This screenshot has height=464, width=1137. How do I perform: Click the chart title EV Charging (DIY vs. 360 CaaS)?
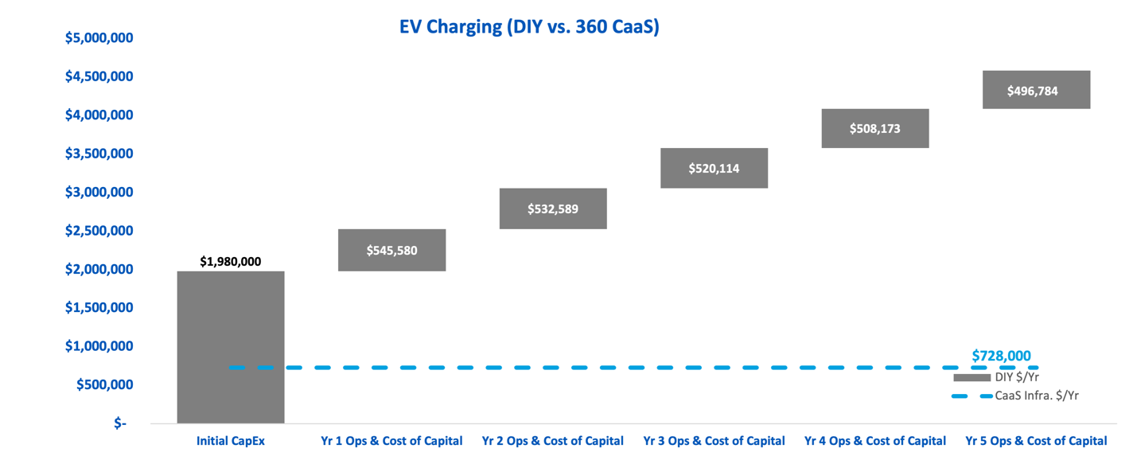pyautogui.click(x=529, y=27)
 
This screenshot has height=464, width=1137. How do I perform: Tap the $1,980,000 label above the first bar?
pyautogui.click(x=230, y=261)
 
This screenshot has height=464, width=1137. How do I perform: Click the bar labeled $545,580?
pyautogui.click(x=391, y=250)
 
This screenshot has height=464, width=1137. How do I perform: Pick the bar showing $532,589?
pyautogui.click(x=553, y=209)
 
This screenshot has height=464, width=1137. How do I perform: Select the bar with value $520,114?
pyautogui.click(x=714, y=168)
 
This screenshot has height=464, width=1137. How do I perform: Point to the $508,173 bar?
pyautogui.click(x=874, y=128)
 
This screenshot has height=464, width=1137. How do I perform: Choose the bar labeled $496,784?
pyautogui.click(x=1036, y=90)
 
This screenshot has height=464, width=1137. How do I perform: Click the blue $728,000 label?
pyautogui.click(x=1001, y=356)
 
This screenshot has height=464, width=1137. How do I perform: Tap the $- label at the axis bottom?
pyautogui.click(x=119, y=423)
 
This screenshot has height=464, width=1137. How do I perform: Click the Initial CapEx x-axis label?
pyautogui.click(x=230, y=440)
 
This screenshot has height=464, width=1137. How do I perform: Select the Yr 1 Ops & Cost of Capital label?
pyautogui.click(x=391, y=440)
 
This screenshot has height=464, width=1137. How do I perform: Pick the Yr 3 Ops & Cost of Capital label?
pyautogui.click(x=714, y=440)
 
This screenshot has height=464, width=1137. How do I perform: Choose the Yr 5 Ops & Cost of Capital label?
pyautogui.click(x=1036, y=440)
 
